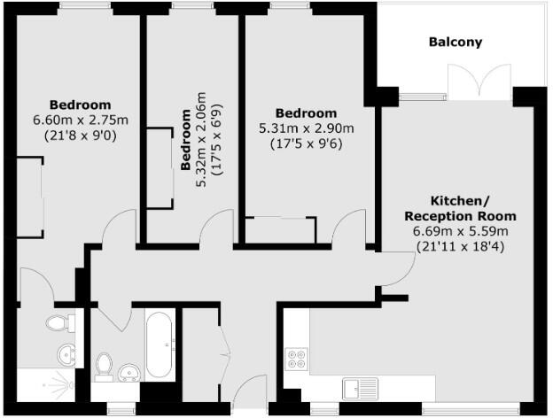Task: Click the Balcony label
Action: point(456,42)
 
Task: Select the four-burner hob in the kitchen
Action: point(296,360)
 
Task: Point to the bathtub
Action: point(160,344)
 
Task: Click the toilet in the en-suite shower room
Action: point(62,321)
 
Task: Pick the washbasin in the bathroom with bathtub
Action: point(127,373)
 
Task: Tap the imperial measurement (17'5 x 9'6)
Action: point(306,143)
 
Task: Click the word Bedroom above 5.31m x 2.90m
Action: point(306,113)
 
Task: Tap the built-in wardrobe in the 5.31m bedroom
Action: point(280,229)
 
